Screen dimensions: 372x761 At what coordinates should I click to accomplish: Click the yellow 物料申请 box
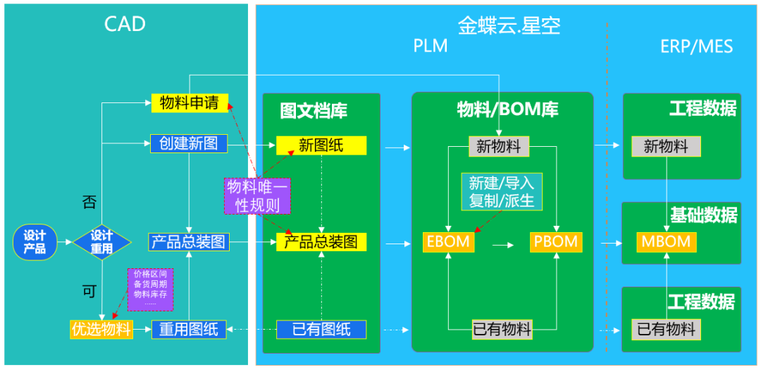[189, 103]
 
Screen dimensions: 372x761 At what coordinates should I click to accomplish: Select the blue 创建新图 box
[189, 144]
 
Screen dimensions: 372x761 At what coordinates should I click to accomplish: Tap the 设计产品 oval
[35, 242]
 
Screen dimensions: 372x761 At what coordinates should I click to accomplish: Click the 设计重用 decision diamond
[101, 242]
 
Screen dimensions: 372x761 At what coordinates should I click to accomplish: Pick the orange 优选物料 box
[101, 329]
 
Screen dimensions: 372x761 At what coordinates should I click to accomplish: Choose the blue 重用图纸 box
[189, 329]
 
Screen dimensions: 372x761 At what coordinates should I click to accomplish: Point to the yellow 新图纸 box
[321, 145]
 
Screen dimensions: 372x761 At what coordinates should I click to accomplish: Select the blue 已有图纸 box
[321, 329]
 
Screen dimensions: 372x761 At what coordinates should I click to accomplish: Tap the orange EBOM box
[448, 241]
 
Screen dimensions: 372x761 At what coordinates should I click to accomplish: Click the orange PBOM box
[555, 241]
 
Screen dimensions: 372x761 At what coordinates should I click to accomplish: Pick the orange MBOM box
[665, 241]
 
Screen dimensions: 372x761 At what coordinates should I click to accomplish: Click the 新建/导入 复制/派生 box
[502, 191]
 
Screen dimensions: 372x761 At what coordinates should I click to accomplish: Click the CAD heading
[125, 24]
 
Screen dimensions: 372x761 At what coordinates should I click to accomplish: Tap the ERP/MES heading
[696, 47]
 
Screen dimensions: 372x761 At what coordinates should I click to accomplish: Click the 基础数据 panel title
[703, 215]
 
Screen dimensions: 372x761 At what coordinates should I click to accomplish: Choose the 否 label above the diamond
[89, 203]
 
